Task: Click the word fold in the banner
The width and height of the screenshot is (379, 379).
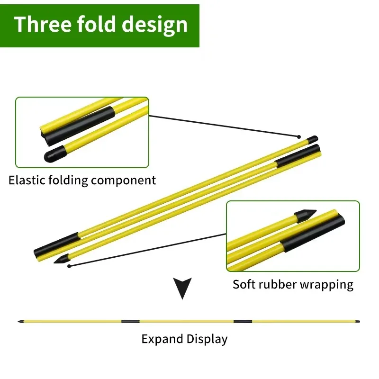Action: [x=99, y=25]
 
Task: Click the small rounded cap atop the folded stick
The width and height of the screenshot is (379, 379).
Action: [x=312, y=139]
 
